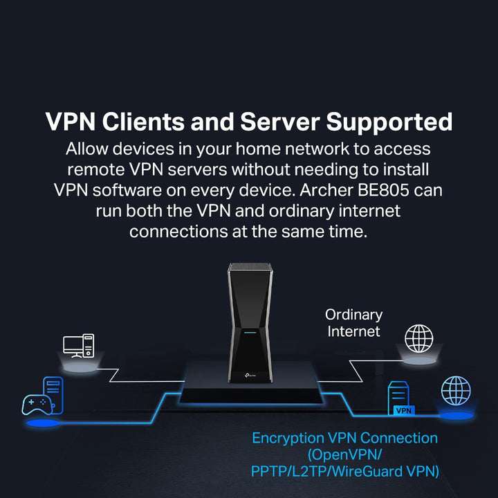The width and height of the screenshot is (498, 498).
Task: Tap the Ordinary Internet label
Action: click(x=353, y=323)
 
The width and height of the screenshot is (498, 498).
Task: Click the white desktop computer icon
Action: click(x=78, y=344)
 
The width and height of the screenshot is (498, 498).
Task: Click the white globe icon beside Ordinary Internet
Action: click(x=419, y=339)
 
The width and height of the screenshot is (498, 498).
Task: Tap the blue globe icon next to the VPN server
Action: click(x=456, y=391)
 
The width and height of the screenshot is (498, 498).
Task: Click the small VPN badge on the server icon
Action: click(x=403, y=411)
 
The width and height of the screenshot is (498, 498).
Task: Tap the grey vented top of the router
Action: click(x=248, y=268)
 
